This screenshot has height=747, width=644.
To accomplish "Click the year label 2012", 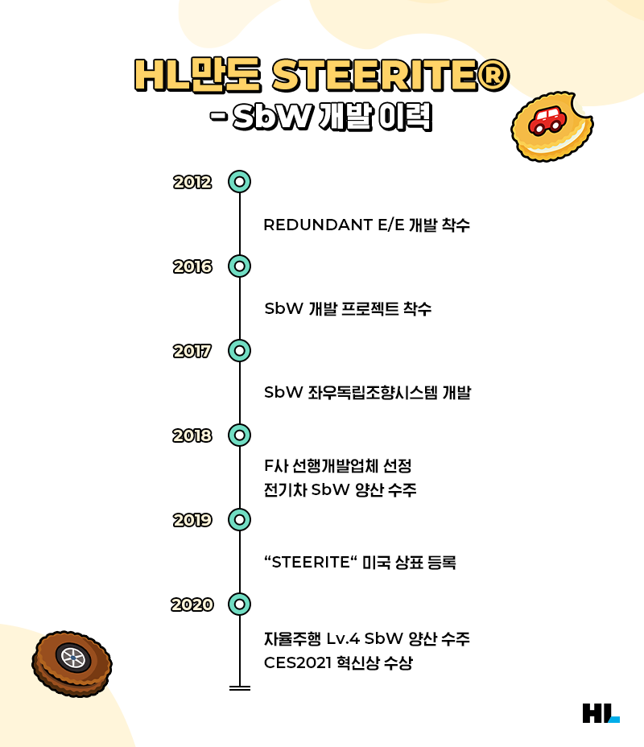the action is (192, 182).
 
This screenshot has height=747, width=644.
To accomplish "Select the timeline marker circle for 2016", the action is (239, 266).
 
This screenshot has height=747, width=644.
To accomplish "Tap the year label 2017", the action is (192, 351).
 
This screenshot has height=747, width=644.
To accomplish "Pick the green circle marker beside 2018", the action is (239, 435).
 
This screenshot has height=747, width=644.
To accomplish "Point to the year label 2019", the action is (192, 520).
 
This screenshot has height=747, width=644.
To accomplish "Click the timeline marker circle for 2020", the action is (239, 604).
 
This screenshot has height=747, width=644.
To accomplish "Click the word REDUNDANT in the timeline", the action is (317, 225).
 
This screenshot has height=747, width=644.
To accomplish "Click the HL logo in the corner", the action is (601, 713).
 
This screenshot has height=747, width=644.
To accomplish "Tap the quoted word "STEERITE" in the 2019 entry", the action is (310, 563).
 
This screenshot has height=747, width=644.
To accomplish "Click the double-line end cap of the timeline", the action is (239, 688).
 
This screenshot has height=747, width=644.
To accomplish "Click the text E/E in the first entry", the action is (390, 225).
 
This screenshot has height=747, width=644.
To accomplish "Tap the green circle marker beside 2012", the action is (239, 181).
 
